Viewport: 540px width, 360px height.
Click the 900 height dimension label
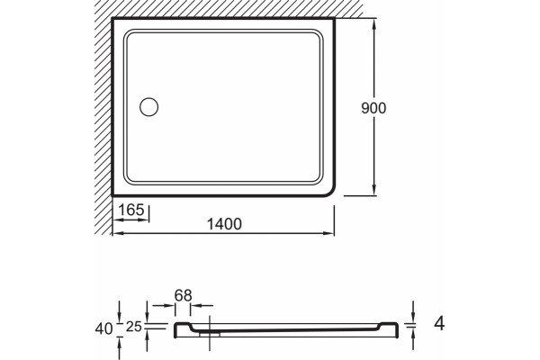point(373,108)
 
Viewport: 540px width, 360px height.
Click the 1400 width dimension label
point(224,224)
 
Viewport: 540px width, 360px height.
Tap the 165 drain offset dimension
point(130,210)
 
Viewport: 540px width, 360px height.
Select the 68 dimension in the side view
point(183,295)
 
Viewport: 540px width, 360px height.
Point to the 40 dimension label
point(103,329)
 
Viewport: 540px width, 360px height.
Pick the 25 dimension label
point(134,327)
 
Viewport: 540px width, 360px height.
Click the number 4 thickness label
point(439,324)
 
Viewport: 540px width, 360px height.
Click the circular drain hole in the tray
point(149,107)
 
